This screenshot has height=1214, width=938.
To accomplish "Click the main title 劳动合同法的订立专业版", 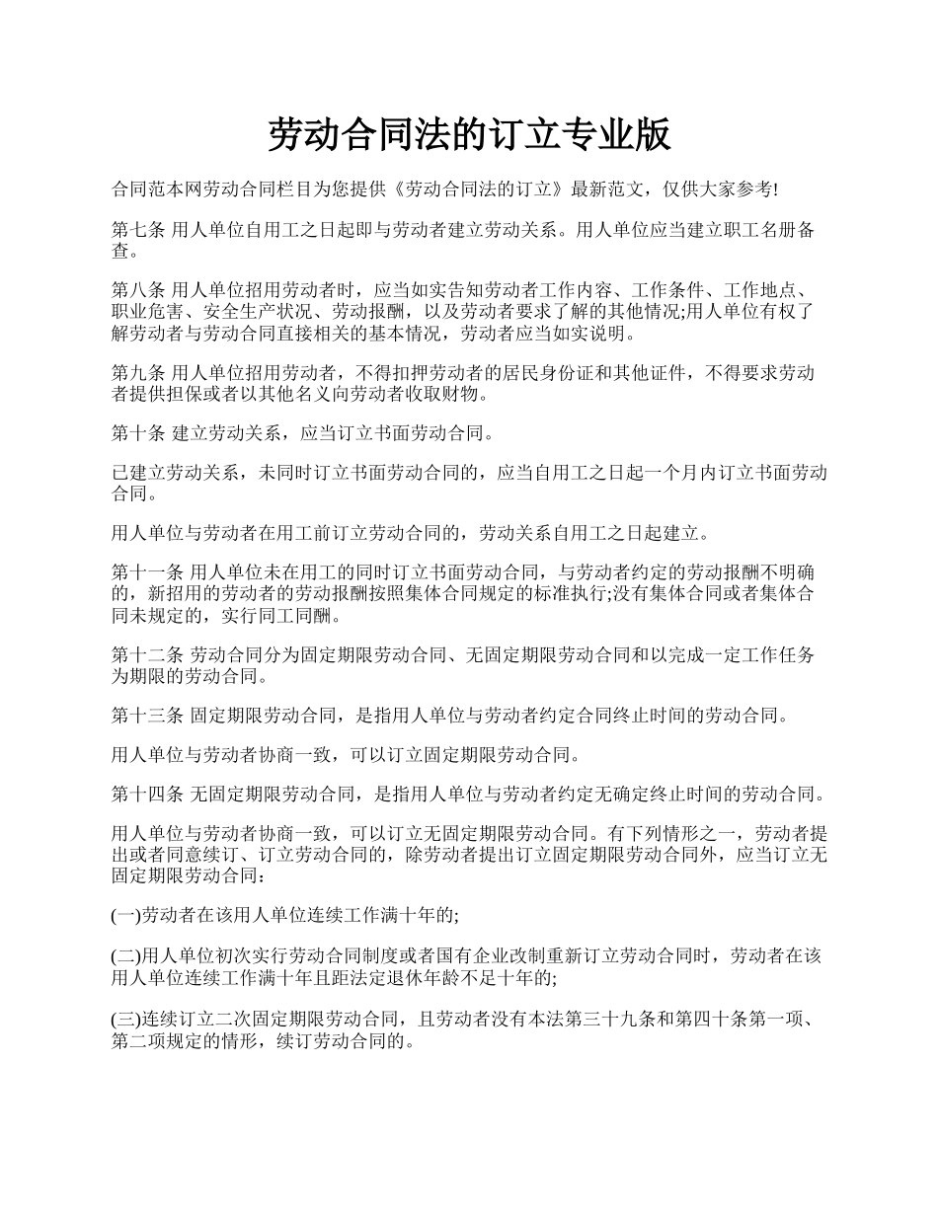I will (469, 135).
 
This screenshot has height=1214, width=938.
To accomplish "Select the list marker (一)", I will (126, 915).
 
